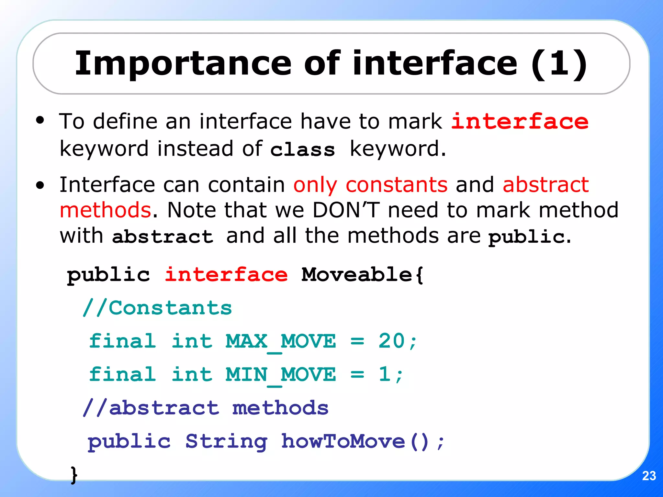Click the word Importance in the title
[183, 64]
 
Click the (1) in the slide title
[559, 64]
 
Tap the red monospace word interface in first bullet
[520, 122]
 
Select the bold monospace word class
[302, 150]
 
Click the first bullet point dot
[40, 121]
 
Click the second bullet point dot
[40, 185]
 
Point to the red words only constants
[370, 185]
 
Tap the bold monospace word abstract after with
[163, 237]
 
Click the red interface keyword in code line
[226, 275]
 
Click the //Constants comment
[157, 308]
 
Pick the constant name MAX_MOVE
[281, 342]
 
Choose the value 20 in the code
[392, 341]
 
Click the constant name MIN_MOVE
[281, 375]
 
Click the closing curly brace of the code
[74, 475]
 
